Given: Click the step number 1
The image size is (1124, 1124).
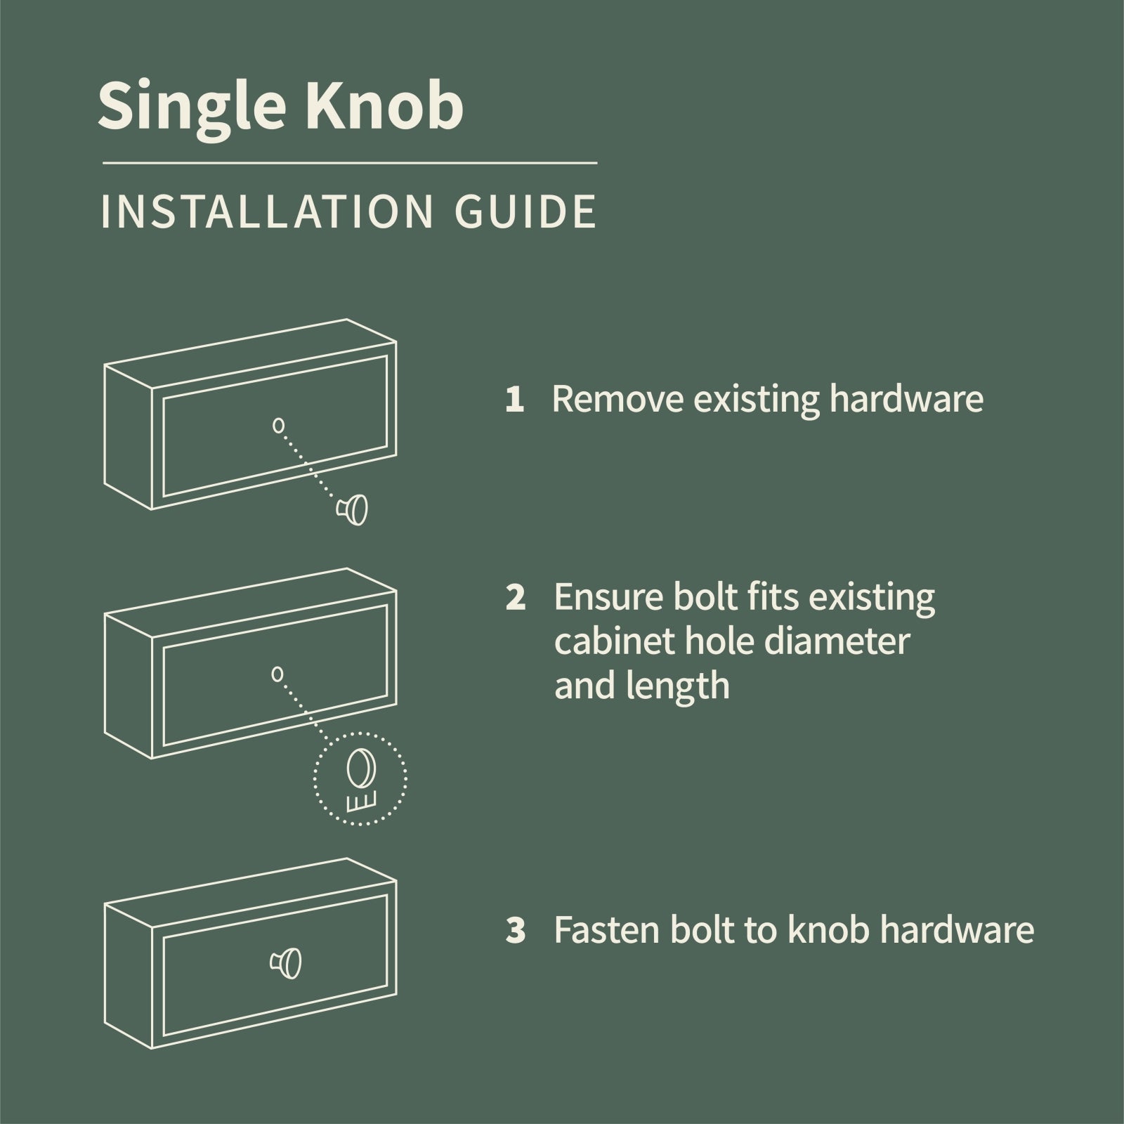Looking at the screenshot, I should [514, 400].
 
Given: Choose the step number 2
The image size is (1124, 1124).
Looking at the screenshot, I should [515, 599].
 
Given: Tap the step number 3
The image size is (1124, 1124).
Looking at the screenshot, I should [516, 932].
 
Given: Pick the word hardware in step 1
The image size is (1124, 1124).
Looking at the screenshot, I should [906, 399].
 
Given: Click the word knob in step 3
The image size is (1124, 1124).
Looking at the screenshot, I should [829, 931].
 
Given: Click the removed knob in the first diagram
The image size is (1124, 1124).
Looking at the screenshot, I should [354, 509].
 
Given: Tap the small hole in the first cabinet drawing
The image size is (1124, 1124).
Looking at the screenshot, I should [278, 425].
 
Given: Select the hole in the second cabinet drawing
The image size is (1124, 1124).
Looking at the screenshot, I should [277, 674].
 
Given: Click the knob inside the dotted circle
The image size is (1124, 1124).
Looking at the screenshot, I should [360, 770].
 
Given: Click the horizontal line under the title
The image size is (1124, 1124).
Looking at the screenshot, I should [350, 163].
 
